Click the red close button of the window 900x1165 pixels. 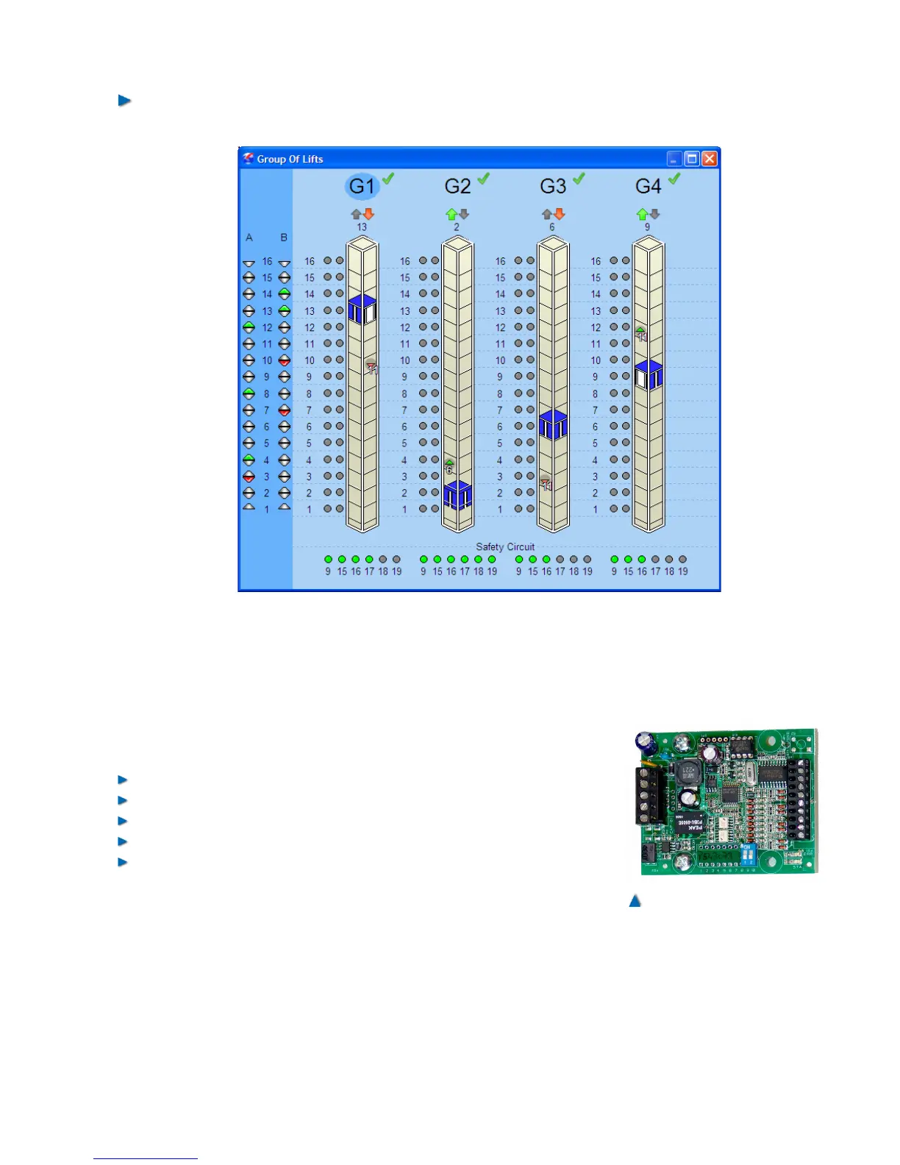709,159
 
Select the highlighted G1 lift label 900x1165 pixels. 362,186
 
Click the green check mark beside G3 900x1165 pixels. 579,179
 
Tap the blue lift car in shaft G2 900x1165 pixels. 457,495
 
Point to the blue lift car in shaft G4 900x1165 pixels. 649,375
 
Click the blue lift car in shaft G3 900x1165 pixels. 553,425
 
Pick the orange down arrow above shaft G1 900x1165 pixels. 369,214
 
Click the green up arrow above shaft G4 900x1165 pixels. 642,214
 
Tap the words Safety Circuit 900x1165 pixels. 505,546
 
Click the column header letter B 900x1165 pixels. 284,238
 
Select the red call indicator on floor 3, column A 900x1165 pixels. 249,477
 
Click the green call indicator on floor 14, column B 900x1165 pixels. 285,294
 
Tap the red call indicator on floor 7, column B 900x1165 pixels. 285,410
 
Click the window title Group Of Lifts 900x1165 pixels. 290,159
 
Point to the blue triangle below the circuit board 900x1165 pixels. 635,900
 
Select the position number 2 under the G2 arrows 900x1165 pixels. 457,227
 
